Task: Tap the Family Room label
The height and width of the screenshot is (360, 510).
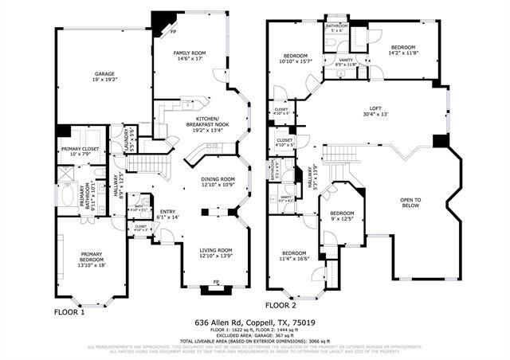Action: click(190, 56)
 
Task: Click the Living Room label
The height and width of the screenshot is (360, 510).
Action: click(215, 252)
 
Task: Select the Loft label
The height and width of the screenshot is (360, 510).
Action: click(375, 112)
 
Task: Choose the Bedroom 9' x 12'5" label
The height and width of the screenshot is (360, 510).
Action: click(342, 216)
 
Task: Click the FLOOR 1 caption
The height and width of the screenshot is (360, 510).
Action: click(70, 313)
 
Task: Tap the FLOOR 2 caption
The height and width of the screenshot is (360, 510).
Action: click(280, 305)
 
